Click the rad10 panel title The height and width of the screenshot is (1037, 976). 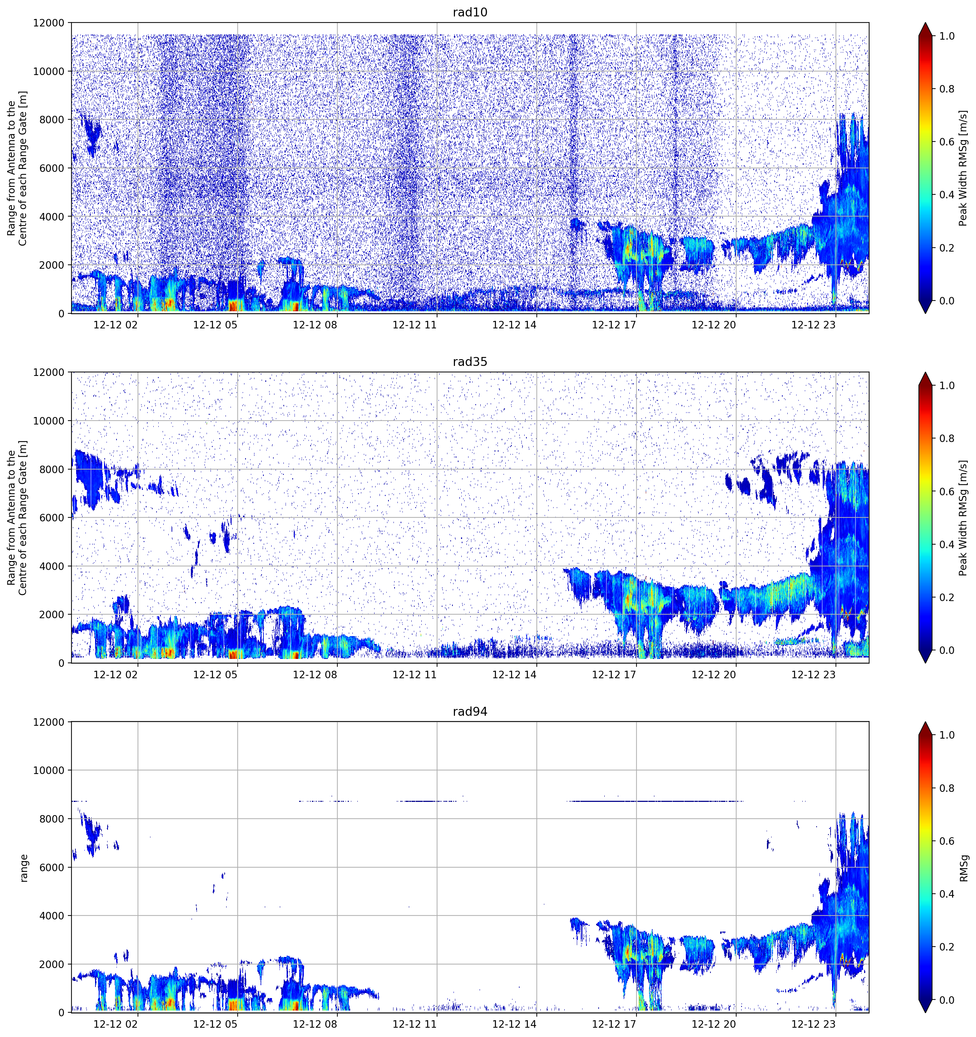[x=470, y=13]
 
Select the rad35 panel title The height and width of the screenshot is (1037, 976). [x=470, y=362]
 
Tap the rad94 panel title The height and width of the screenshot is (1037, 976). [x=470, y=711]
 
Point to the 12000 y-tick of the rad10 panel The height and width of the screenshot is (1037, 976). [x=49, y=23]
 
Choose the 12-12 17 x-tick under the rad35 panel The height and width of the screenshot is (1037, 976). [x=614, y=674]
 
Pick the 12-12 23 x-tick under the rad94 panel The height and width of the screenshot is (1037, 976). [x=813, y=1024]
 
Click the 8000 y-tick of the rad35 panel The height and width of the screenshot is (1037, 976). [x=52, y=470]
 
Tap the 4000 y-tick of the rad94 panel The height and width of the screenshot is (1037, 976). [x=52, y=916]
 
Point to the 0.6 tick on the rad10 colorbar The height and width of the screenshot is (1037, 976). [x=947, y=142]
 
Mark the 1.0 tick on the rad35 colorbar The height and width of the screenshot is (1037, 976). [x=947, y=386]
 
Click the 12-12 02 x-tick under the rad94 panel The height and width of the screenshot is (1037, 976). [x=116, y=1024]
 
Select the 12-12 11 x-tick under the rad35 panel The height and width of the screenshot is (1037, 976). [x=415, y=674]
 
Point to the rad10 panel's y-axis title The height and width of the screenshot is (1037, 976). [x=17, y=168]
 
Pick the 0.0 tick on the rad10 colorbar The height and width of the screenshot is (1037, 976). [x=947, y=301]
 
